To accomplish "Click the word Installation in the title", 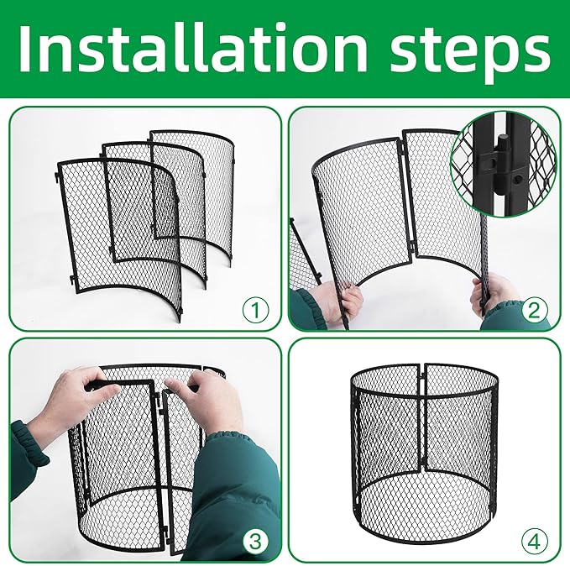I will pos(194,49).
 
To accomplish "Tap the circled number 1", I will pos(254,311).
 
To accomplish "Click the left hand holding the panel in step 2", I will pos(344,302).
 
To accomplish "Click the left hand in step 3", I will pos(71,403).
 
